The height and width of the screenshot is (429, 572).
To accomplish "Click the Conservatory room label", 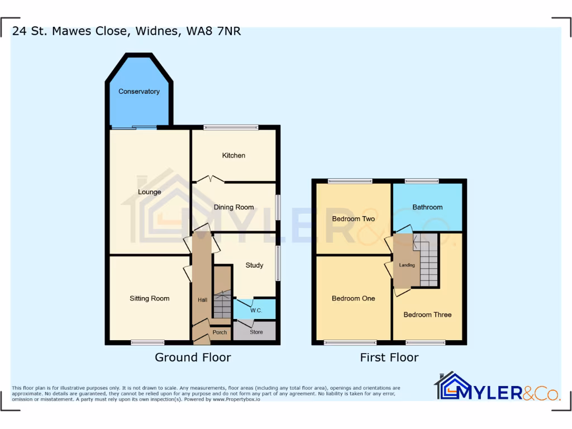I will click(139, 91).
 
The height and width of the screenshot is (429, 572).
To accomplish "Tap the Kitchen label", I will click(233, 155).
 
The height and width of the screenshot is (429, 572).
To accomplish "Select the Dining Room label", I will click(233, 207).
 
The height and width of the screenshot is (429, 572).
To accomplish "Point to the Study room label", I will click(254, 265).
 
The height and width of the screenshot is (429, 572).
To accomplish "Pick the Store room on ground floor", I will click(256, 332).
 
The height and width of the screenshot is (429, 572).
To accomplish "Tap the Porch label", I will click(220, 332).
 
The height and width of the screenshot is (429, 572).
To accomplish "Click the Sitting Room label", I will click(149, 298).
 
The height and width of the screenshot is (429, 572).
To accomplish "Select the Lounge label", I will click(149, 192).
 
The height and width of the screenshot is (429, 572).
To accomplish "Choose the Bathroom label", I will click(427, 207).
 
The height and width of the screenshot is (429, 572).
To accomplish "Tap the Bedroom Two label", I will click(353, 218).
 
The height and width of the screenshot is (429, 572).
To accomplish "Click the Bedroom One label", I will click(353, 298).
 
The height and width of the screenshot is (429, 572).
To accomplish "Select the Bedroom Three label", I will click(427, 314).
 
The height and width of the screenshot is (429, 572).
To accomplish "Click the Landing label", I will click(407, 265).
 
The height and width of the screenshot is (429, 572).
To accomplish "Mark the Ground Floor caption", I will click(193, 357).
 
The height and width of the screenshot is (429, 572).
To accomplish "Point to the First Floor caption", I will click(389, 357).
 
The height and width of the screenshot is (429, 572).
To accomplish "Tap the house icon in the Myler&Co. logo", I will click(452, 386).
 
